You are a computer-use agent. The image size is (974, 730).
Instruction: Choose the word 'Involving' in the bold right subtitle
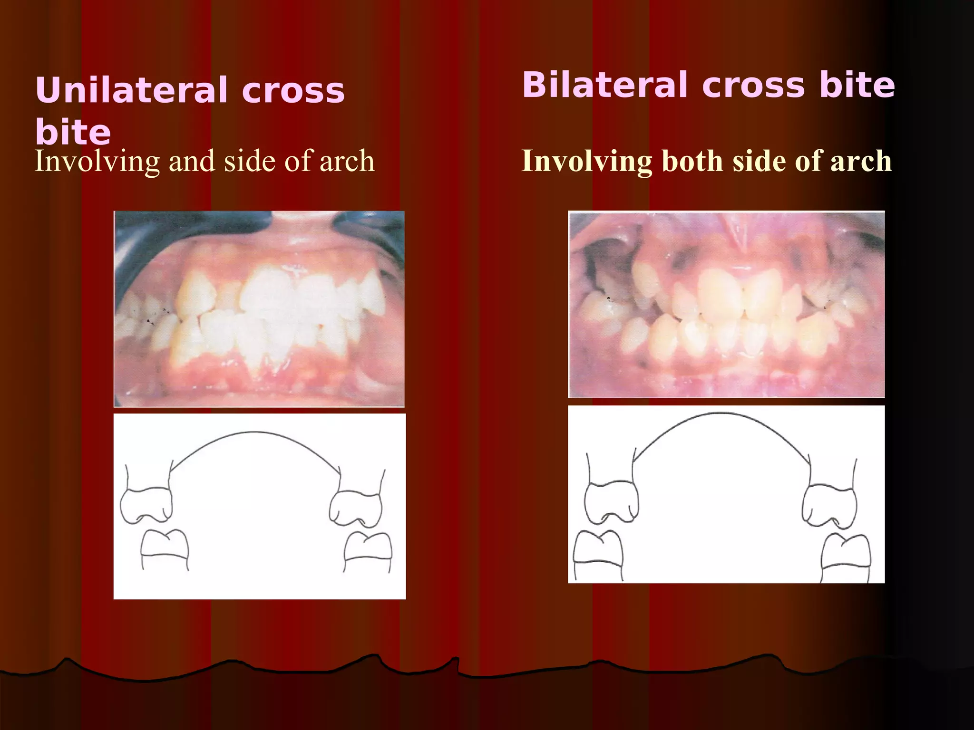pyautogui.click(x=587, y=162)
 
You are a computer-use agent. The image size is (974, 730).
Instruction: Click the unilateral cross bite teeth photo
pyautogui.click(x=259, y=309)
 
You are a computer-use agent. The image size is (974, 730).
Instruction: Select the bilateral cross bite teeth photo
pyautogui.click(x=726, y=304)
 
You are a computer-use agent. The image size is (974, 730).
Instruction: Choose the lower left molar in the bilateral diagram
pyautogui.click(x=598, y=551)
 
